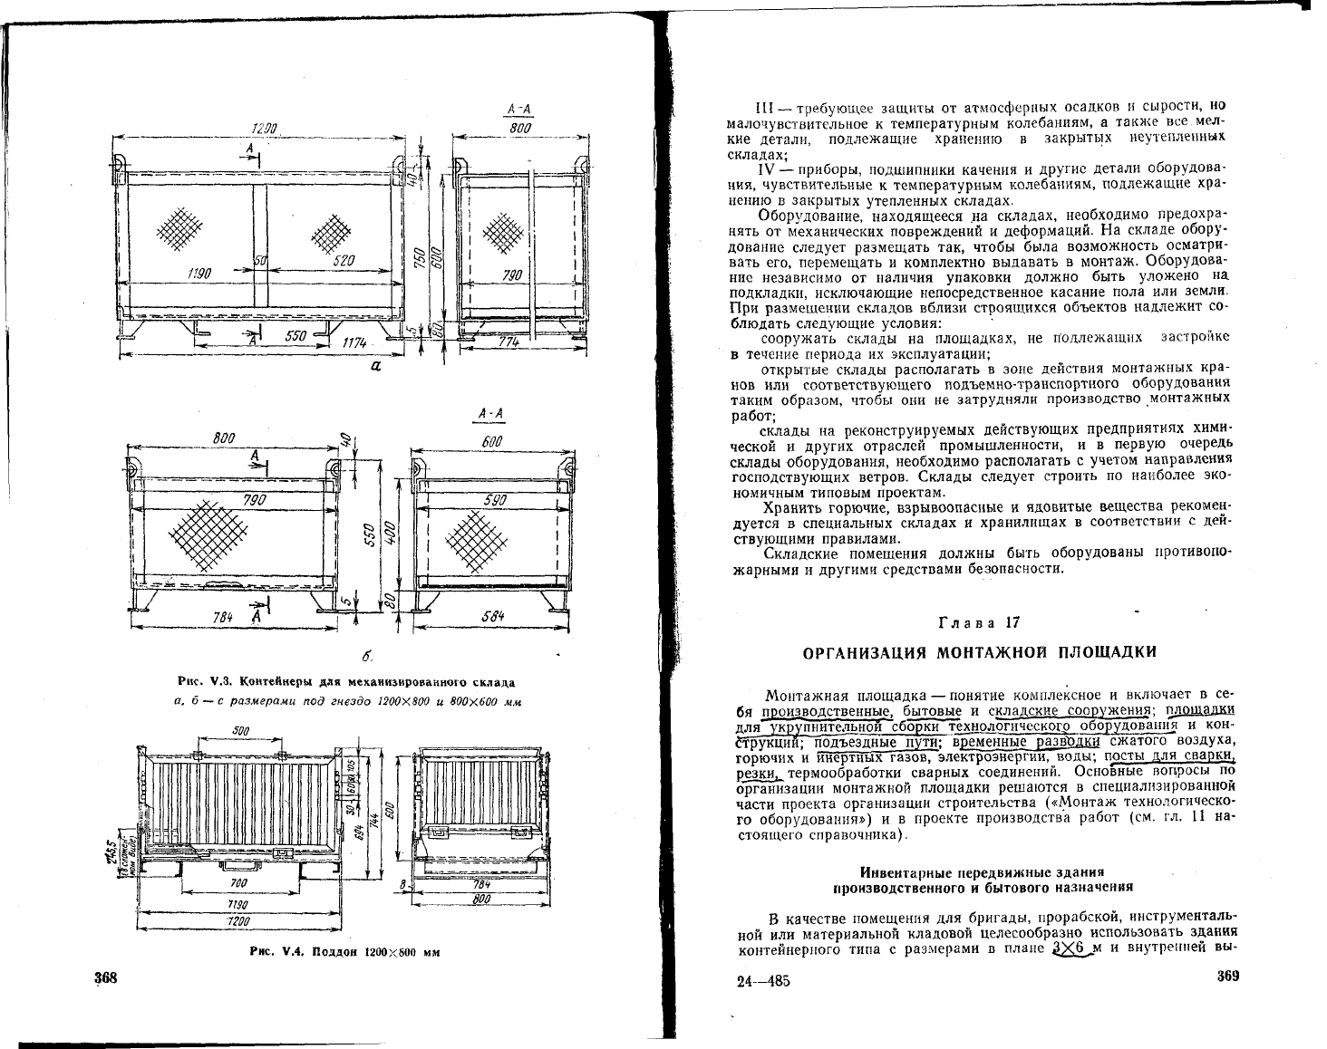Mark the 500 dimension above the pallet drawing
pyautogui.click(x=241, y=730)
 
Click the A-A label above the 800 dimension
pyautogui.click(x=519, y=111)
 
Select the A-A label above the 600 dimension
pyautogui.click(x=491, y=414)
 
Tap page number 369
pyautogui.click(x=1226, y=977)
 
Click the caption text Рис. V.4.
pyautogui.click(x=274, y=952)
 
